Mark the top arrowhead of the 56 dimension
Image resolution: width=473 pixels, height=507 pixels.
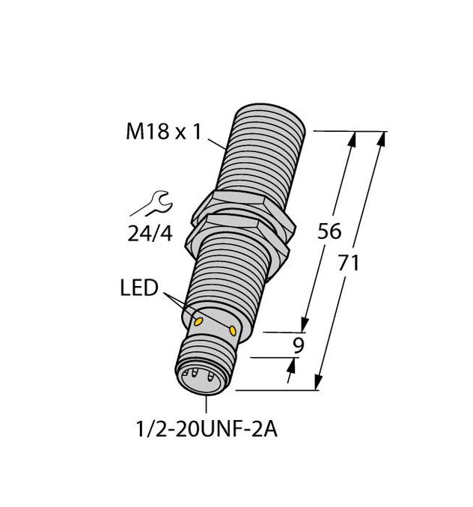tap(353, 138)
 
